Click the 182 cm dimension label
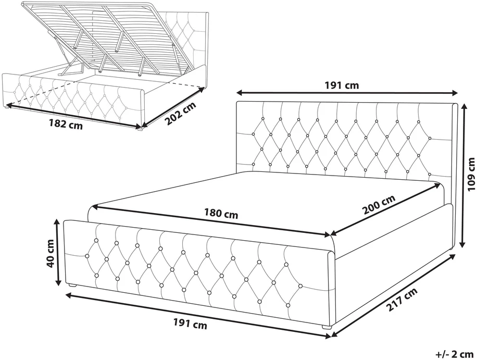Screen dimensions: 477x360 click(x=66, y=124)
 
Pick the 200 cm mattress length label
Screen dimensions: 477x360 click(x=379, y=204)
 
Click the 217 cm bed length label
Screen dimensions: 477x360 click(x=401, y=300)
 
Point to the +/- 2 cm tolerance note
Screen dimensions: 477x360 click(x=454, y=354)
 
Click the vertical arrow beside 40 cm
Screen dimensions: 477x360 click(x=57, y=252)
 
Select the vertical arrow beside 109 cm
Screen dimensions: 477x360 click(x=463, y=175)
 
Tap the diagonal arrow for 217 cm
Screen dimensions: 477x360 click(x=393, y=295)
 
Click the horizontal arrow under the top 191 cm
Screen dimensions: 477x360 click(x=347, y=93)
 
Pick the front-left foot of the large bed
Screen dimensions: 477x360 click(x=72, y=285)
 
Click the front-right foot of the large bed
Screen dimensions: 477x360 click(x=327, y=328)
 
